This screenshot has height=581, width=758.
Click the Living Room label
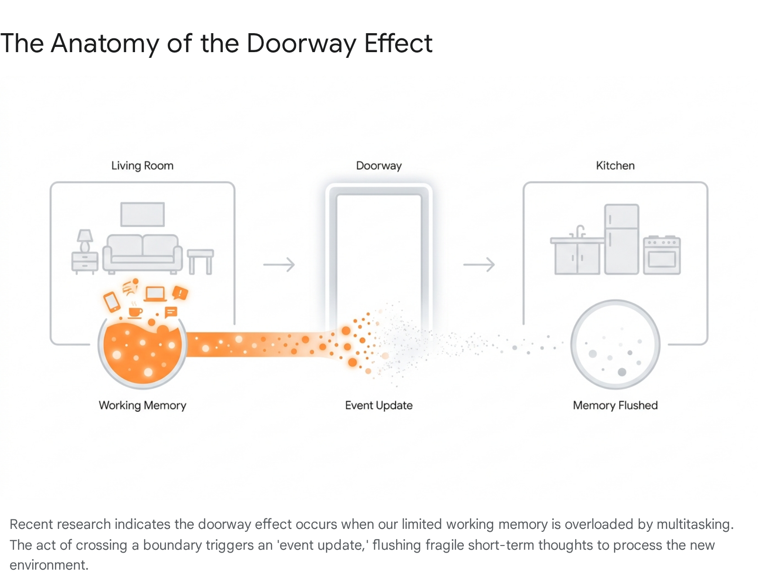[x=142, y=165]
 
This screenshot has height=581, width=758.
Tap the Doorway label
[x=379, y=165]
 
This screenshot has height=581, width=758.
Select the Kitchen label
[x=615, y=165]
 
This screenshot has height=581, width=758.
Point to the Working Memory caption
[x=142, y=406]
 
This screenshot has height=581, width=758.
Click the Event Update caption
[x=379, y=406]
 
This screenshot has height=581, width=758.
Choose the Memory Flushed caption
[x=615, y=406]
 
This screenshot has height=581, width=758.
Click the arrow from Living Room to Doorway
[x=279, y=264]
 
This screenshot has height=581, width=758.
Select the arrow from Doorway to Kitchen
[x=479, y=264]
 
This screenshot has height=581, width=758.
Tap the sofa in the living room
[x=142, y=254]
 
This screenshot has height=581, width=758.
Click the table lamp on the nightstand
[x=85, y=241]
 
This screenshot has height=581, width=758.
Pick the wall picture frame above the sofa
[x=142, y=214]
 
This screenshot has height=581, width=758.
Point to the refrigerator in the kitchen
[x=622, y=239]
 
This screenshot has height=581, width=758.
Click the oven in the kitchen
[x=662, y=255]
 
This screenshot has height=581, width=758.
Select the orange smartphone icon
[x=112, y=302]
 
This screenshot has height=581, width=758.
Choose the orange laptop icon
[x=155, y=294]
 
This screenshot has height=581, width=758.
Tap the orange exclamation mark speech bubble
[x=180, y=293]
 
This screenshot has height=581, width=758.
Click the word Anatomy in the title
[x=105, y=44]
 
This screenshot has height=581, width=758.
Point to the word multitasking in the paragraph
[x=695, y=524]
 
